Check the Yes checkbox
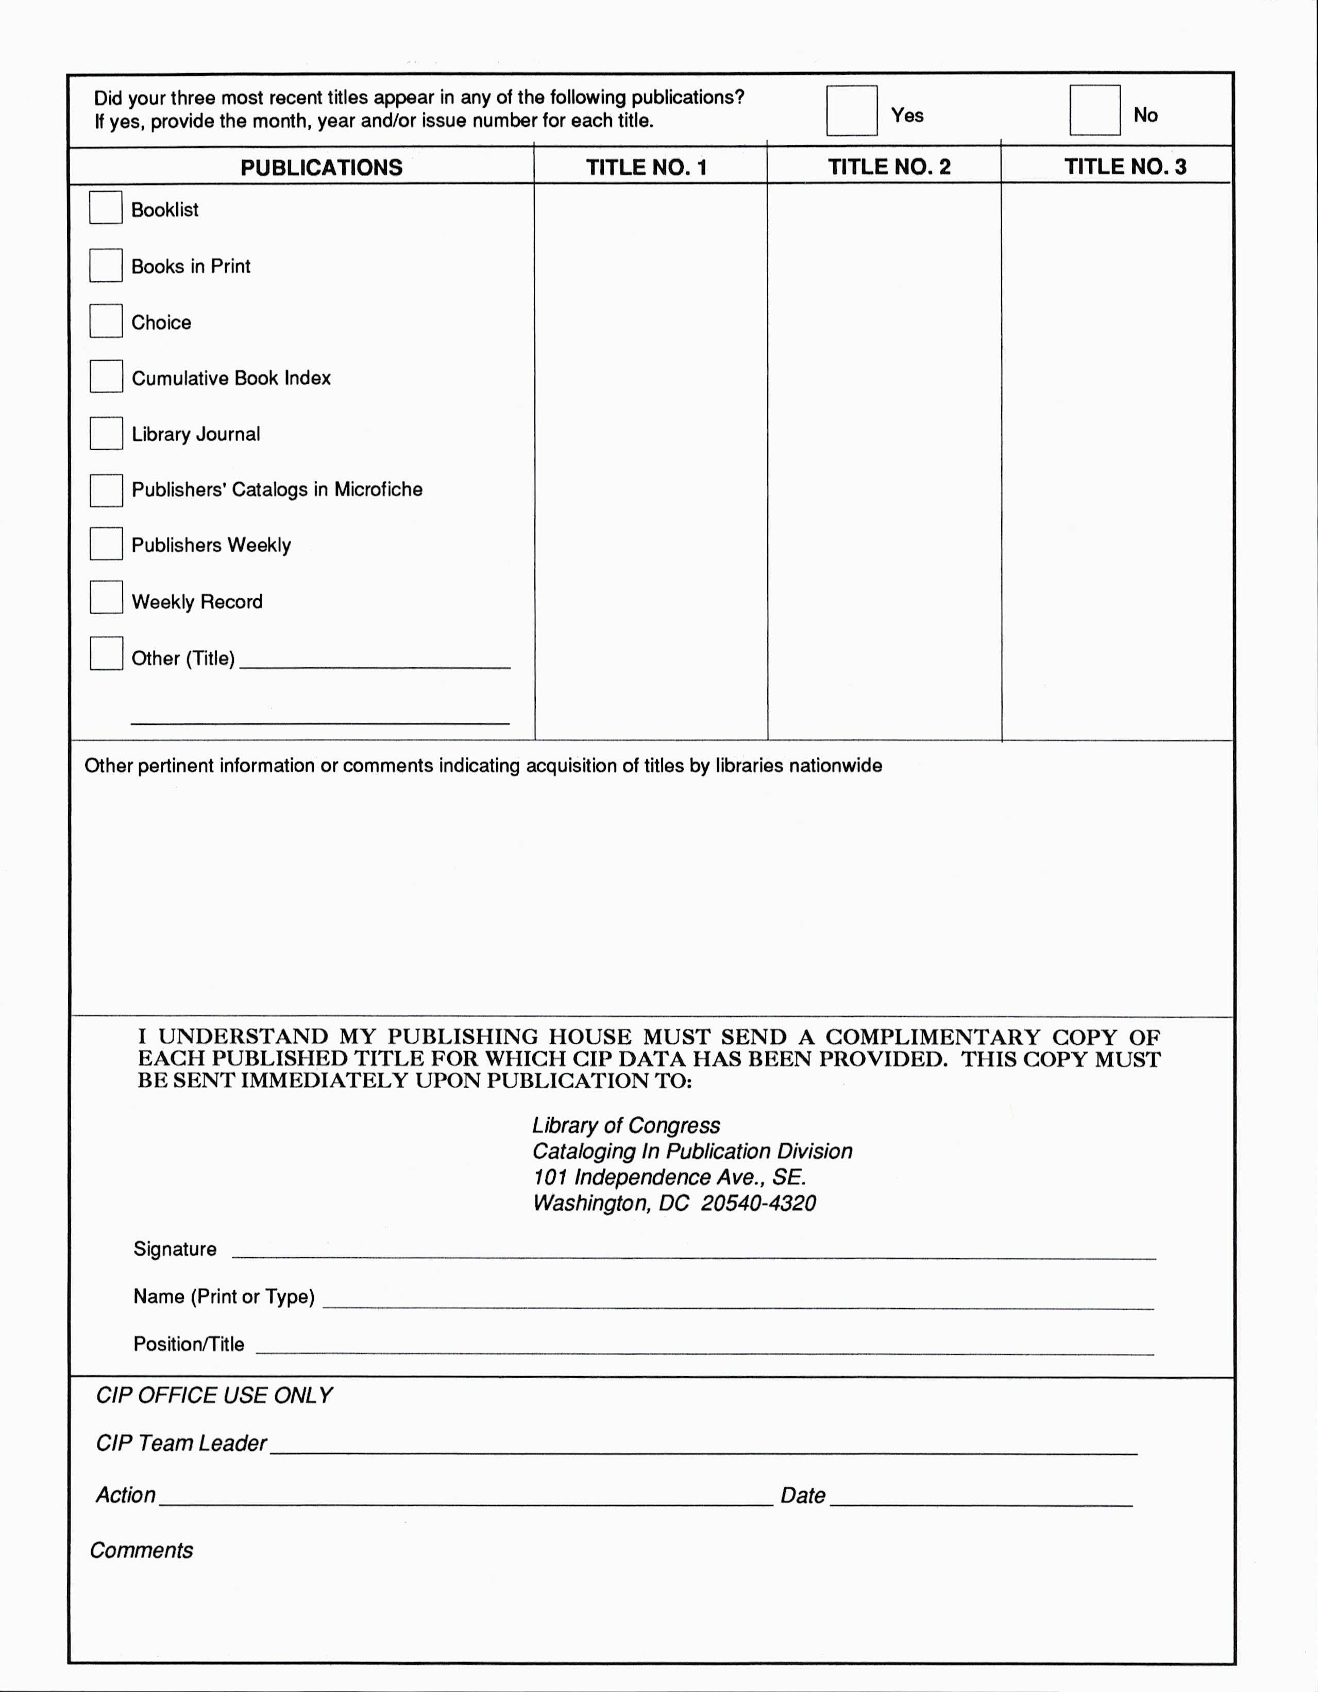pyautogui.click(x=852, y=111)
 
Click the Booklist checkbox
pyautogui.click(x=106, y=208)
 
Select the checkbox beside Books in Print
pyautogui.click(x=106, y=265)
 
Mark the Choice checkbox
pyautogui.click(x=106, y=321)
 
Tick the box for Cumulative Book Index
pyautogui.click(x=106, y=377)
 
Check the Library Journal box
pyautogui.click(x=106, y=433)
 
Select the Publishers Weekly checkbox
pyautogui.click(x=106, y=544)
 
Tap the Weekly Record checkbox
pyautogui.click(x=106, y=597)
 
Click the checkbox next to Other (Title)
pyautogui.click(x=106, y=653)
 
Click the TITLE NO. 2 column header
pyautogui.click(x=889, y=166)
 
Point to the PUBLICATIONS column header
pyautogui.click(x=321, y=167)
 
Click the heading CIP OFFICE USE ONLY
pyautogui.click(x=214, y=1395)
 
